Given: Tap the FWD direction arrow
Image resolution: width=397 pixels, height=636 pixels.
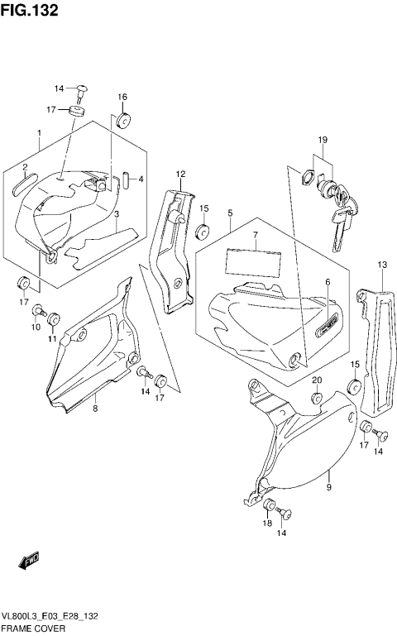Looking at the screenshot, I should coord(31,562).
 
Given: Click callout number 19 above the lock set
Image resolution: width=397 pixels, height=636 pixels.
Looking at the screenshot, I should coord(323,140).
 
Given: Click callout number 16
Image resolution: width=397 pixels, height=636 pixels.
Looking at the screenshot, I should coord(122,98).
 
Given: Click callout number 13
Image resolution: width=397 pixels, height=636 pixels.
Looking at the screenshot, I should coord(382,265).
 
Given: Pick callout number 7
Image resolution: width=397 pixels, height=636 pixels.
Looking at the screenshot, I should coord(256,236).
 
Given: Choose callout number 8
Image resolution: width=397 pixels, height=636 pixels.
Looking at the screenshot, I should coord(95,408).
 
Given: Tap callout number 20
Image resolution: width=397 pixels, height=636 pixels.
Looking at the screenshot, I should coord(316,380).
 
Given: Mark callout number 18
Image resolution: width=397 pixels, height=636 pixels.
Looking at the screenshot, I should coord(268,524).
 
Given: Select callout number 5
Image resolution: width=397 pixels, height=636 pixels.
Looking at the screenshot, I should coord(229,213).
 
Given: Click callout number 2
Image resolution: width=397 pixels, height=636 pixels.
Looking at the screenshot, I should coord(26,168).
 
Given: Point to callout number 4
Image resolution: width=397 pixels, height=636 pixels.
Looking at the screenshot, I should coord(141,179).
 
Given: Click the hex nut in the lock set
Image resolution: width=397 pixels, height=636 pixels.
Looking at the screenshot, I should coord(303,177).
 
